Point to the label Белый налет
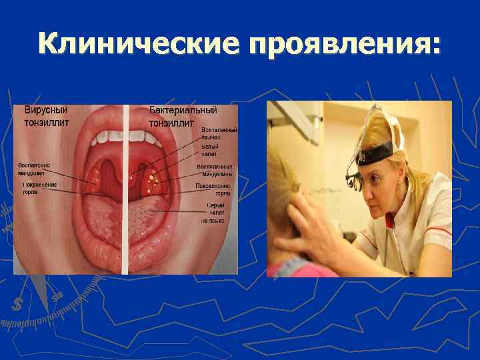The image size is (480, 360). click(211, 151)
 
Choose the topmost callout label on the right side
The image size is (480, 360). click(219, 133)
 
